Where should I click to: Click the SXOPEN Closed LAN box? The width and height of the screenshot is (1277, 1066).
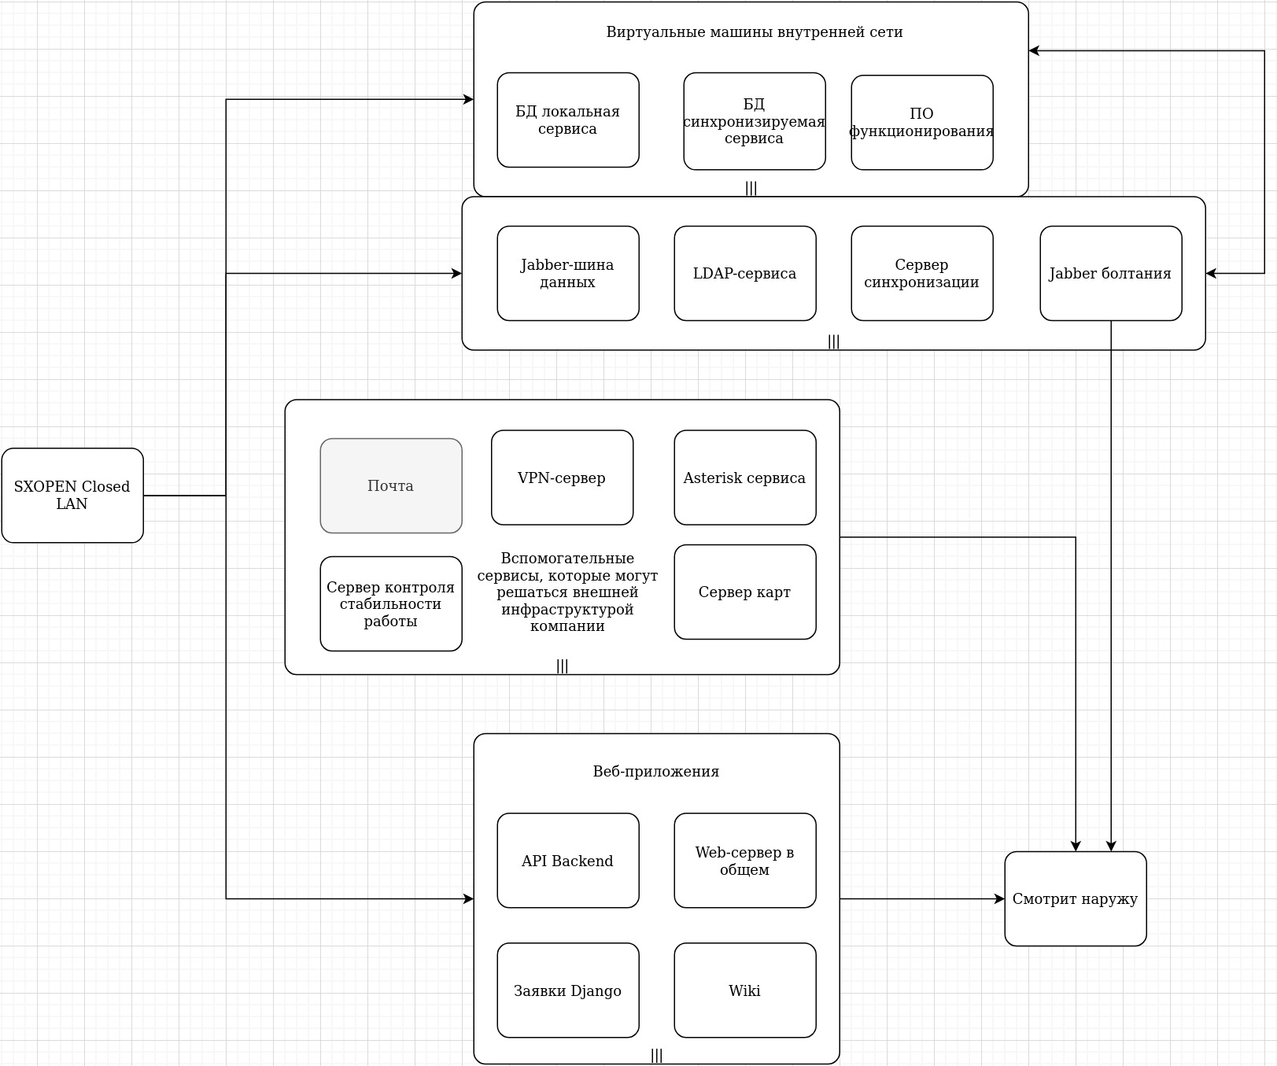[72, 496]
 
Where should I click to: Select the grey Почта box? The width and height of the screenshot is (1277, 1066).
[391, 486]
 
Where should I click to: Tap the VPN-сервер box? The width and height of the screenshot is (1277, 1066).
[562, 478]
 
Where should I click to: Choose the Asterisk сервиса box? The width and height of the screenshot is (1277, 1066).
[744, 478]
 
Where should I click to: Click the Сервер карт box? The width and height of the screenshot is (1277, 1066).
[744, 592]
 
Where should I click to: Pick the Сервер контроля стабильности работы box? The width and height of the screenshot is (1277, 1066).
[391, 604]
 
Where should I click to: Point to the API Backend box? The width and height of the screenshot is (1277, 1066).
[567, 861]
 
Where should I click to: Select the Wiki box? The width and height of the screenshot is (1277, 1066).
[744, 990]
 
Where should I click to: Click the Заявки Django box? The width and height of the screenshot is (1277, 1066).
[567, 990]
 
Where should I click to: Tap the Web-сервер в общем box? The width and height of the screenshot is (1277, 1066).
[744, 861]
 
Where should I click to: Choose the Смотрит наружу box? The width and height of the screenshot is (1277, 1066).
[1075, 899]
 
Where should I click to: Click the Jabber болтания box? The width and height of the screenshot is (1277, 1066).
[1110, 274]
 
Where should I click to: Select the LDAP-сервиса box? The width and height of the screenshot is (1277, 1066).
[744, 274]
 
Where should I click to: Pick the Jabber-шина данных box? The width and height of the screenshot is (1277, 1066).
[567, 274]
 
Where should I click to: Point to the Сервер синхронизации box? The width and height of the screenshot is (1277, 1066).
[921, 274]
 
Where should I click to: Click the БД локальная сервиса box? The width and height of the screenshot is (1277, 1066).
[567, 120]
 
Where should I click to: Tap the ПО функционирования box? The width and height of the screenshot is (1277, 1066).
[921, 123]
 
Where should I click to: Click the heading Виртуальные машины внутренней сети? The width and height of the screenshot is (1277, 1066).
[754, 32]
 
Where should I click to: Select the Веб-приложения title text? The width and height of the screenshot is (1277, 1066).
[655, 772]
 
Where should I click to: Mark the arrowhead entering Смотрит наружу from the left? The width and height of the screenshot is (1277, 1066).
[1000, 898]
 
